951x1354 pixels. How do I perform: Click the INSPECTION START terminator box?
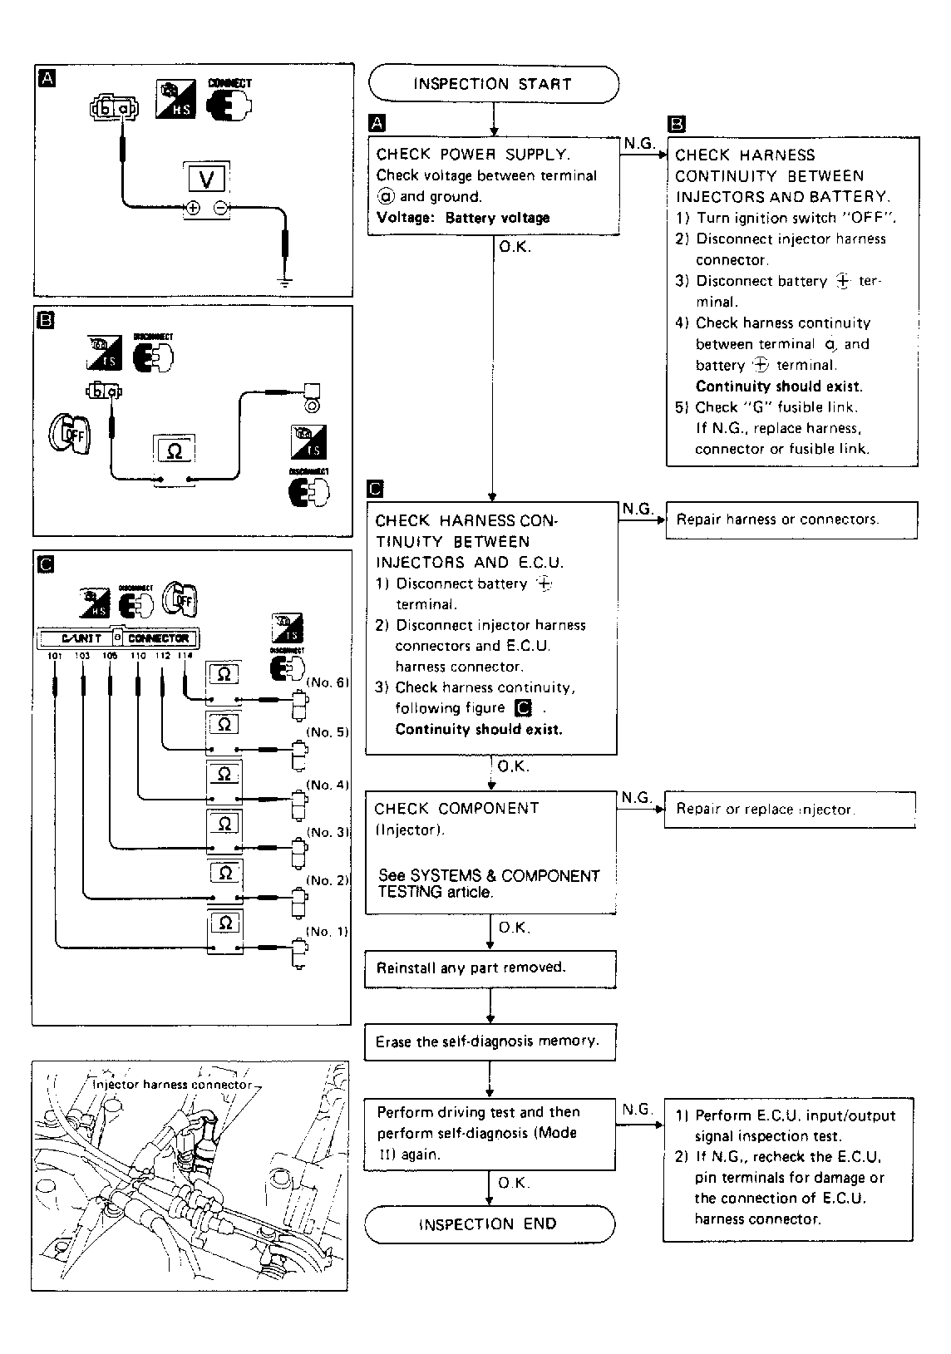(493, 84)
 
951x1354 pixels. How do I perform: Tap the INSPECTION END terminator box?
(489, 1224)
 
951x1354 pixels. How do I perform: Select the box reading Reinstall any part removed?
(490, 968)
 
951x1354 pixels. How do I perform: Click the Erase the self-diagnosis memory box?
(490, 1041)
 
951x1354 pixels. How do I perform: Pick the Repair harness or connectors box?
(791, 520)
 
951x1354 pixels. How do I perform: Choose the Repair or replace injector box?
(789, 810)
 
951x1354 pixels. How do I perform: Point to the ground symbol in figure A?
(285, 283)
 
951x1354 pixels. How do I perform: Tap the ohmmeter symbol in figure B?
(175, 451)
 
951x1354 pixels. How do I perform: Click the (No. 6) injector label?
(328, 682)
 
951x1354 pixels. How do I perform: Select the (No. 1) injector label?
(328, 931)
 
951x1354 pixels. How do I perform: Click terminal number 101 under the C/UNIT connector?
(55, 656)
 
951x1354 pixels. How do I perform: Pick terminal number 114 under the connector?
(185, 656)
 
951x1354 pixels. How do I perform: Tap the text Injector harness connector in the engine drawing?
(171, 1084)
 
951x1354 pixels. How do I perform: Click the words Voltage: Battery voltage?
(463, 218)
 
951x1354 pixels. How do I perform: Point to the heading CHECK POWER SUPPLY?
(473, 155)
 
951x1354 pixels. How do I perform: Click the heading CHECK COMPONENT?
(456, 809)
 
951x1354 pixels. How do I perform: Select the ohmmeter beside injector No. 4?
(224, 775)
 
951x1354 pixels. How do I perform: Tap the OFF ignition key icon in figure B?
(65, 431)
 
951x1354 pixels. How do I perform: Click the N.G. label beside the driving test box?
(638, 1110)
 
